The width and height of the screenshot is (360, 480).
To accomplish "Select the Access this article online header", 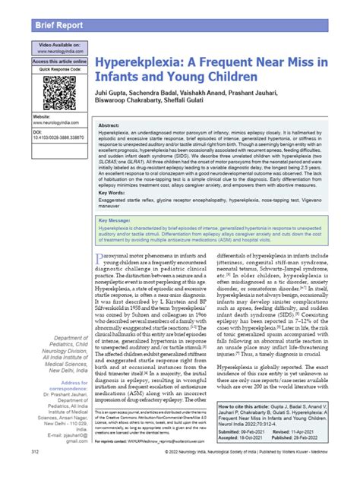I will [x=59, y=62].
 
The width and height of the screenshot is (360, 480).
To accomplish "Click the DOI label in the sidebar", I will [x=38, y=153].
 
